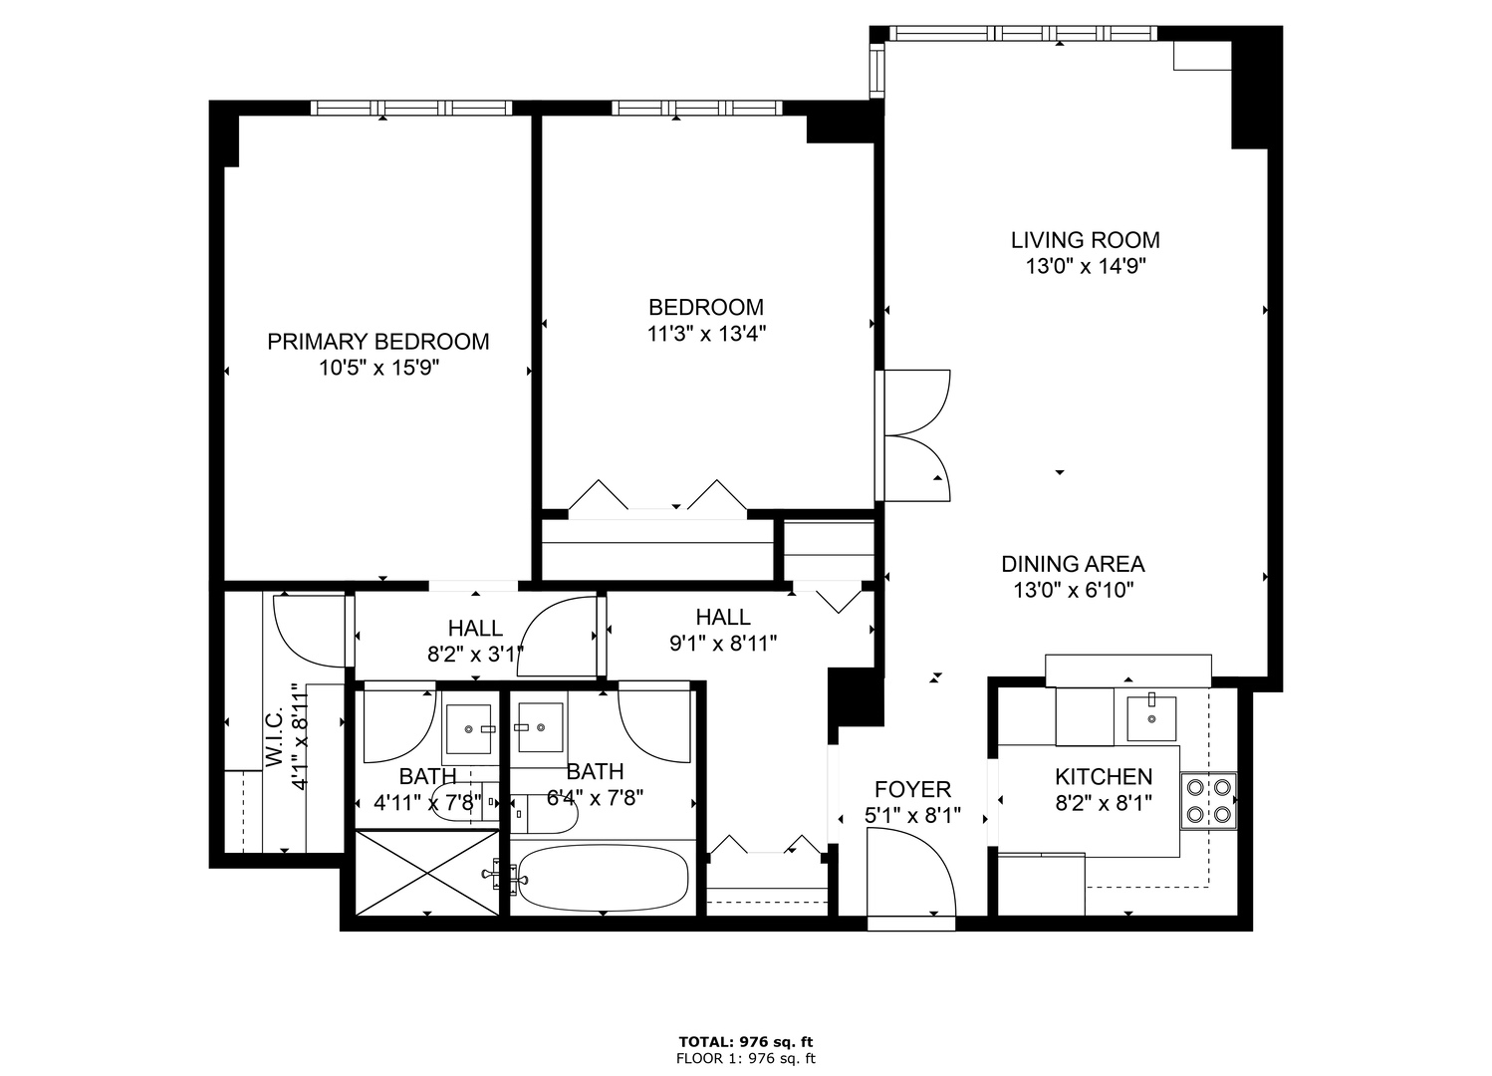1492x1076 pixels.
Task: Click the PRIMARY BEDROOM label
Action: point(377,342)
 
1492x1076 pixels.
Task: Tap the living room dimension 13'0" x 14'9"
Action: point(1085,267)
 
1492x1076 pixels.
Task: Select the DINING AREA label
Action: point(1073,564)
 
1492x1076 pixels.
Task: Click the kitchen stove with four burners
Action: point(1208,801)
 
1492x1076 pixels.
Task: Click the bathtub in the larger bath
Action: point(604,878)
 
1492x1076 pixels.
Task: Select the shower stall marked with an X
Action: point(426,874)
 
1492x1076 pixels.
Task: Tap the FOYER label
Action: point(912,790)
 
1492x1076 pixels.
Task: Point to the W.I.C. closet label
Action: point(275,738)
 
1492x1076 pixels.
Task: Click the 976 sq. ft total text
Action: point(746,1042)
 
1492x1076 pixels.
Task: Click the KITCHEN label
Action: point(1104,777)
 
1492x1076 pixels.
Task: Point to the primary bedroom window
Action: point(411,108)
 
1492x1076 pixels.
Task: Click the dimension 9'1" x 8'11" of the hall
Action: point(723,644)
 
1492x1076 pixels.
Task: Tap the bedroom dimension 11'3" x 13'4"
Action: point(706,334)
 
